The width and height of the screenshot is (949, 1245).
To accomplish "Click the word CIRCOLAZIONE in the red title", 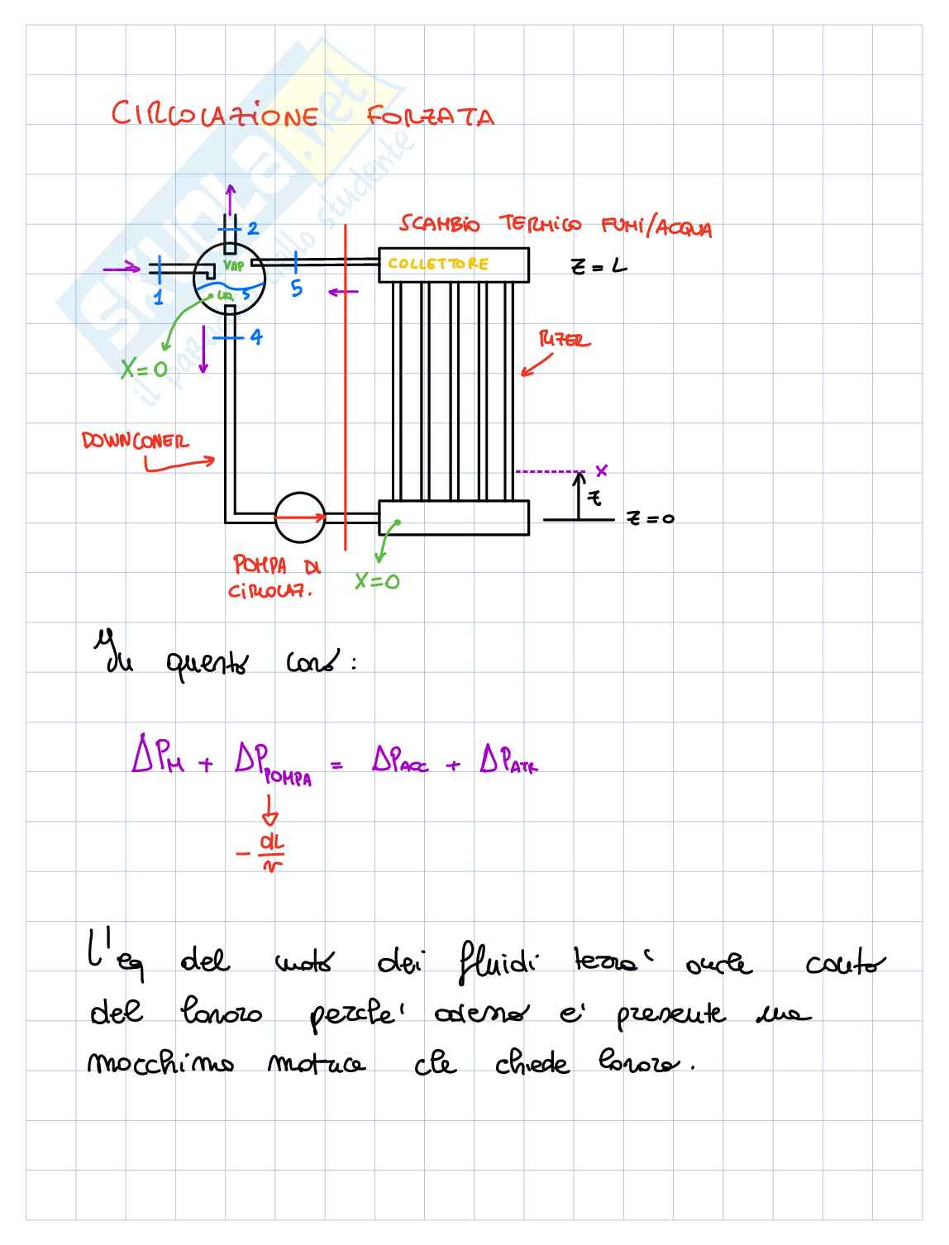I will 214,114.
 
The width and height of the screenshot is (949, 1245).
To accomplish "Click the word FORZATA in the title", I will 430,116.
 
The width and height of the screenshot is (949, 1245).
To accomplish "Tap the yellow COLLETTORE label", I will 438,264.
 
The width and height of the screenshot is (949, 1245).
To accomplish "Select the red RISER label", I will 565,340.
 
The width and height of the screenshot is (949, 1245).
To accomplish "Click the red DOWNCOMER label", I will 135,441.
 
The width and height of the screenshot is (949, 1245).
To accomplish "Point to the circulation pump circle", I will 299,518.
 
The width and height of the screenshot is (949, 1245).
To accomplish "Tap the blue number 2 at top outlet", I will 253,229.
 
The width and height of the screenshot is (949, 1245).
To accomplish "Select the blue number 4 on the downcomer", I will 256,337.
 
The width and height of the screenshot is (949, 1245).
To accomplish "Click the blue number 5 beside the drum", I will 297,289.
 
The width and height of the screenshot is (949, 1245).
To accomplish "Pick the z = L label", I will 598,266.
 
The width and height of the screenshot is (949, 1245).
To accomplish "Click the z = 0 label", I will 650,519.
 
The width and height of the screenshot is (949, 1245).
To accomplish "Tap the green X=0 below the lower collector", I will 377,582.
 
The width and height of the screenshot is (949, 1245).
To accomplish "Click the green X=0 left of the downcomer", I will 144,369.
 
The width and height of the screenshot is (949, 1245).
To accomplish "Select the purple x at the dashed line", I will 602,470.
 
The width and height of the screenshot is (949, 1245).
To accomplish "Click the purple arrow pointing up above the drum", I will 231,198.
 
